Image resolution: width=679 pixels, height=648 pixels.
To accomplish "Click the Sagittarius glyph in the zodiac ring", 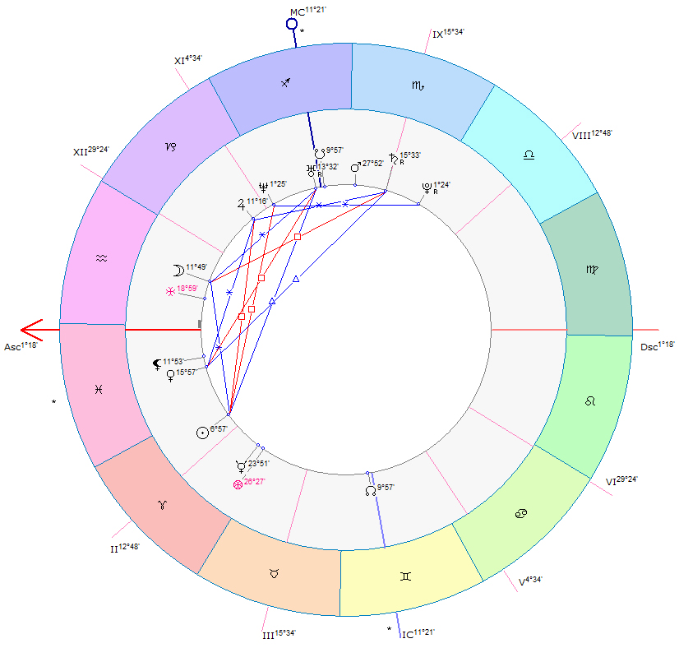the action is (x=285, y=82).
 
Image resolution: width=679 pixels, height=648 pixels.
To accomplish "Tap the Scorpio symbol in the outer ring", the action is (x=418, y=86).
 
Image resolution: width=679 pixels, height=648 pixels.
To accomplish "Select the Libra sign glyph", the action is (x=529, y=155).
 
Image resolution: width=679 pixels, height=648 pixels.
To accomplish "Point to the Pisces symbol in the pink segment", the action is (x=99, y=390).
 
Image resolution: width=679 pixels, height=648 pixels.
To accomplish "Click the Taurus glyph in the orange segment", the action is (x=274, y=574).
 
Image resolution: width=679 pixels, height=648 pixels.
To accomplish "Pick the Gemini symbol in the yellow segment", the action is (x=405, y=576).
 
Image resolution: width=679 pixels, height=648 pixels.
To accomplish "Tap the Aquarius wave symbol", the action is (x=101, y=258).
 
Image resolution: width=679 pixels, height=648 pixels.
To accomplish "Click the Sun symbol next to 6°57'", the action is (x=203, y=433).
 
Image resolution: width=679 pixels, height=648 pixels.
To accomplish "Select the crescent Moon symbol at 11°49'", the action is (x=178, y=271).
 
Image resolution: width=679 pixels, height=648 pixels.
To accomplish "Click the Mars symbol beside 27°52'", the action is (x=355, y=167).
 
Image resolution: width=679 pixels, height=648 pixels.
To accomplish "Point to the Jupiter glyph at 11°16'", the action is (x=241, y=205).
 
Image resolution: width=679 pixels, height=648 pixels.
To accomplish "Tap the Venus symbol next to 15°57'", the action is (x=171, y=375).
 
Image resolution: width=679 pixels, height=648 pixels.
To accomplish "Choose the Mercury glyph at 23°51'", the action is (x=241, y=466).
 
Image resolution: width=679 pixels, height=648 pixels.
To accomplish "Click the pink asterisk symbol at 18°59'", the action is (x=170, y=291).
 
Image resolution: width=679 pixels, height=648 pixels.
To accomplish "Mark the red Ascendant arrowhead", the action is (x=31, y=330).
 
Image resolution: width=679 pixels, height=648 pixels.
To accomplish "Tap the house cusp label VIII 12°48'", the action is (x=592, y=134).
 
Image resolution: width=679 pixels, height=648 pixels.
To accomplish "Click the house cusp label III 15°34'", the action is (x=279, y=634).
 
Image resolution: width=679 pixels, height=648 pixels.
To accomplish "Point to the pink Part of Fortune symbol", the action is (x=238, y=484).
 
